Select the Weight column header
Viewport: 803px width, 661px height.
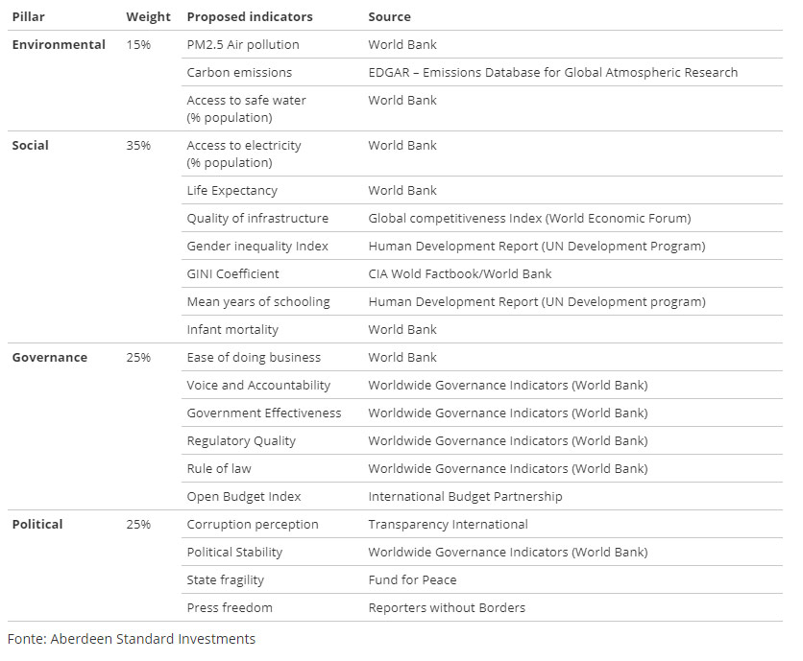148,17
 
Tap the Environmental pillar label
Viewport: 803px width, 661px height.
59,45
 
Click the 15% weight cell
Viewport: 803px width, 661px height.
138,45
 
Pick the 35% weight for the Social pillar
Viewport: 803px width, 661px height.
138,146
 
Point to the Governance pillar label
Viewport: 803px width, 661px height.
50,358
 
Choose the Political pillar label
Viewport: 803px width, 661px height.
37,525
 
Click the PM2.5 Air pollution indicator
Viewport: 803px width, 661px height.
243,45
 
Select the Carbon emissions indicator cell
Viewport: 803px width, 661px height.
239,73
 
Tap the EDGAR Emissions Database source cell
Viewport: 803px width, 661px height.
553,73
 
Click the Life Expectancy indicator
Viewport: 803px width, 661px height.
232,191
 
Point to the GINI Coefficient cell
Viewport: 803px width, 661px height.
233,274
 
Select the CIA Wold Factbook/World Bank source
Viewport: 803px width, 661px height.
460,274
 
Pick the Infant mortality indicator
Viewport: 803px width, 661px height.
232,330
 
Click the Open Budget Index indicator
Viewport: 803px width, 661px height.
244,497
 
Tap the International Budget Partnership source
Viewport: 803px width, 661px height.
466,497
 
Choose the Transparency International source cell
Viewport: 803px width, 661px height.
449,525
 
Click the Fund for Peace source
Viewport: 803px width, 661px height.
413,580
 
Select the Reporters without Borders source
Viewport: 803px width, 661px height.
447,608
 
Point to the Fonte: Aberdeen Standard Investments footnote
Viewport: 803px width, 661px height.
132,639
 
